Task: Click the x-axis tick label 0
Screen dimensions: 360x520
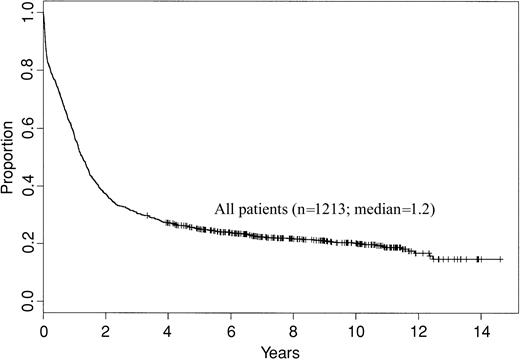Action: (x=44, y=330)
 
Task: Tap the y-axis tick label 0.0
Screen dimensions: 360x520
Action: (x=25, y=301)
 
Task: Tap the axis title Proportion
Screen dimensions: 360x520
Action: (x=9, y=158)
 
